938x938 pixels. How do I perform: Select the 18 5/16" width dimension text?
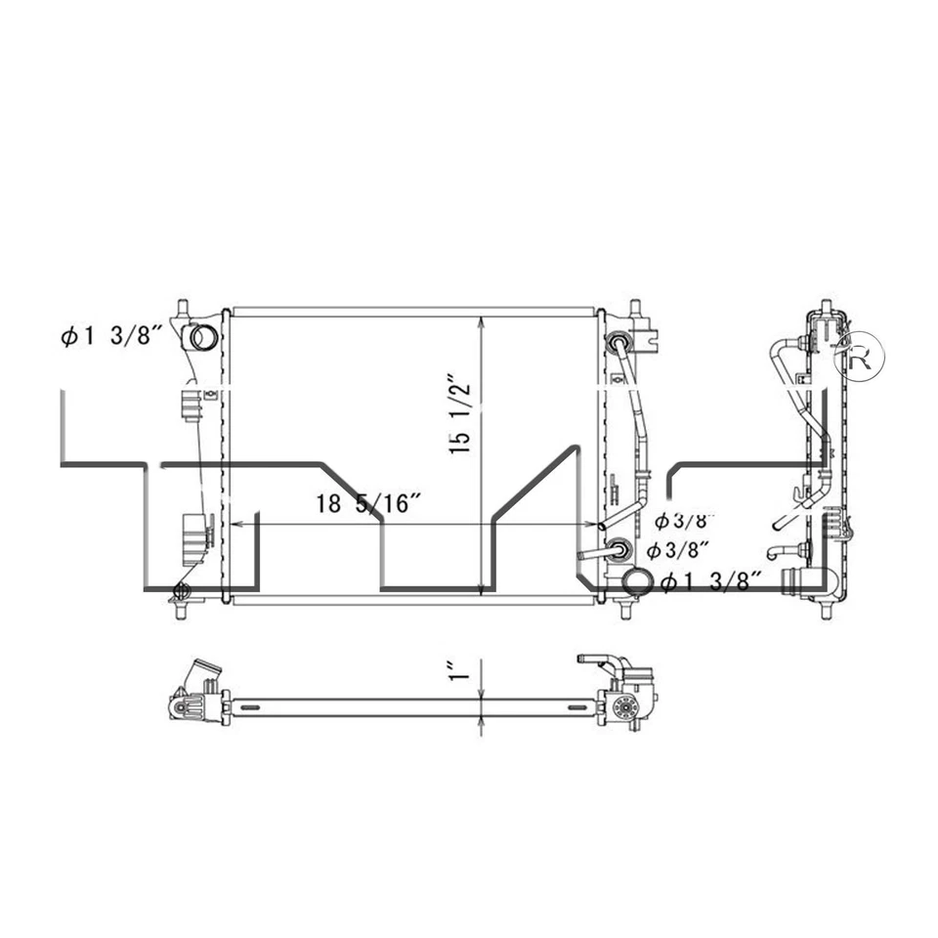pyautogui.click(x=368, y=504)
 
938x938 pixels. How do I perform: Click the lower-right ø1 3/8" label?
pyautogui.click(x=710, y=582)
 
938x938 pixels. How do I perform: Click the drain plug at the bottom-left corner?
pyautogui.click(x=180, y=590)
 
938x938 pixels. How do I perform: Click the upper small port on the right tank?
pyautogui.click(x=618, y=343)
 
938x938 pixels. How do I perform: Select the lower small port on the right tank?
pyautogui.click(x=618, y=548)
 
